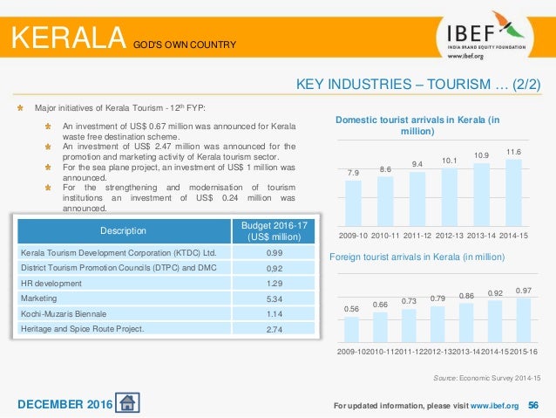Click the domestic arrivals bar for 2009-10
[x=353, y=202]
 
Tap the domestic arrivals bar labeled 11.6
[x=513, y=191]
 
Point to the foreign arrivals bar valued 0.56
[x=351, y=329]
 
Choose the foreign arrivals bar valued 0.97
[x=523, y=319]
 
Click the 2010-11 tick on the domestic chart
[x=385, y=235]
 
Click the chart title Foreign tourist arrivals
[x=417, y=257]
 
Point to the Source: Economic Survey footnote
[x=487, y=377]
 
